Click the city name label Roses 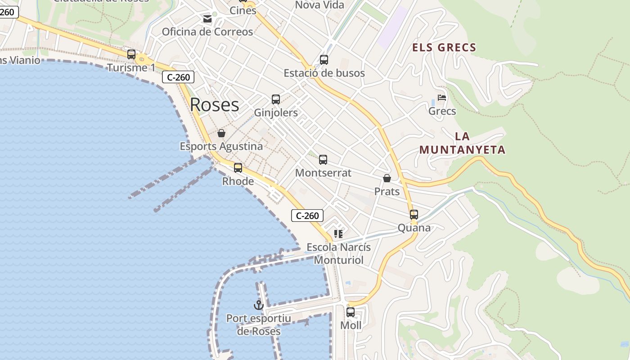coord(214,104)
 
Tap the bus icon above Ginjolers coord(276,99)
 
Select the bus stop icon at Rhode coord(238,168)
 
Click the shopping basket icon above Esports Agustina coord(221,133)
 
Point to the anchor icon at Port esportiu coord(258,306)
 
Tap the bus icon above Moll coord(351,312)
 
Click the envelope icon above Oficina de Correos coord(207,19)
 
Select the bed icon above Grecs coord(442,98)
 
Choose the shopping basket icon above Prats coord(387,179)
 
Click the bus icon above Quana coord(414,215)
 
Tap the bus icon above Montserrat coord(323,160)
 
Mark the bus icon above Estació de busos coord(324,60)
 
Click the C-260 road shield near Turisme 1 coord(178,77)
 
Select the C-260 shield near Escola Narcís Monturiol coord(307,216)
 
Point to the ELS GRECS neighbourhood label coord(444,47)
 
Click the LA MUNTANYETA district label coord(463,143)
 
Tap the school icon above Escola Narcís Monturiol coord(338,234)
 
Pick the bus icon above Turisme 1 coord(131,54)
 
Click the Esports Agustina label coord(221,146)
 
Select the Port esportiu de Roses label coord(259,325)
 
